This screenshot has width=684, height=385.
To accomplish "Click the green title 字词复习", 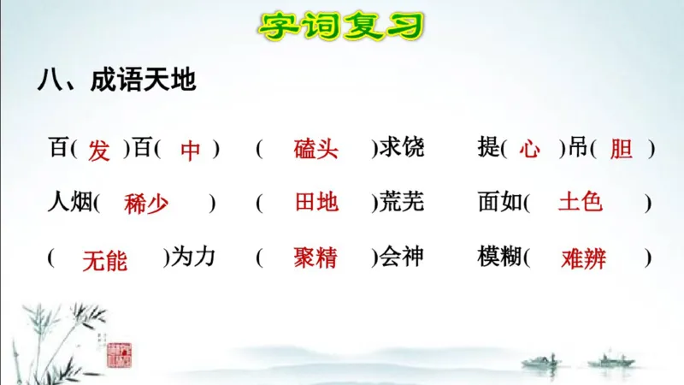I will click(341, 26).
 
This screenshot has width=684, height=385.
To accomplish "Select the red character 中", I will click(190, 151).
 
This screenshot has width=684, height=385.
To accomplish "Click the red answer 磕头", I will click(315, 149).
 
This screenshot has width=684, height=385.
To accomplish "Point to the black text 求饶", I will click(401, 148).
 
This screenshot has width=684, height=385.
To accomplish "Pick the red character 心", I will click(529, 150).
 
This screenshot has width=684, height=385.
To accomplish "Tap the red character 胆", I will click(621, 150).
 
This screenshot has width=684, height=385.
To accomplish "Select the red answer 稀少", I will click(146, 204).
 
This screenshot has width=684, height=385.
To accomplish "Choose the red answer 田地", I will click(315, 203).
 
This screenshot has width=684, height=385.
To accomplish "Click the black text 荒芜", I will click(401, 203).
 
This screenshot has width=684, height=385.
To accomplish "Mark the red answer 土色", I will click(581, 202).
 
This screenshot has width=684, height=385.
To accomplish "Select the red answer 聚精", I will click(315, 258).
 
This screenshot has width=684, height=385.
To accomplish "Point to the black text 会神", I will click(401, 257).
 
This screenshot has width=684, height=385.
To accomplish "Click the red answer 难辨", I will click(584, 258).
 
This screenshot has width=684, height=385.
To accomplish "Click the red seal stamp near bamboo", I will click(118, 352).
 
